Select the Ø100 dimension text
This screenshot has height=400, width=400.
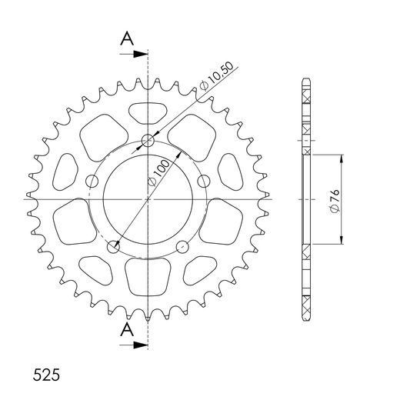point(159,169)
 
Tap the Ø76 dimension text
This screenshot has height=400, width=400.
point(332,199)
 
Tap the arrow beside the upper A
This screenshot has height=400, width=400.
point(138,55)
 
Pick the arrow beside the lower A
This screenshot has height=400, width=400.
point(138,345)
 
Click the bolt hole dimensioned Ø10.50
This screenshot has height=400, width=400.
point(148,141)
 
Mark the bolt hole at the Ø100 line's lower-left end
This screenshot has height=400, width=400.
point(114,247)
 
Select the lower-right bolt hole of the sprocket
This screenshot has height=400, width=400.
point(182,247)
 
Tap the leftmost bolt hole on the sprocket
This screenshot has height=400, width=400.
point(92,181)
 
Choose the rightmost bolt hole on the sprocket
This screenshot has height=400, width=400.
point(204,181)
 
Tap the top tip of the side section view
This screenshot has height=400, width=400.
point(307,79)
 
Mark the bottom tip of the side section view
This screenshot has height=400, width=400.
point(307,321)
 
